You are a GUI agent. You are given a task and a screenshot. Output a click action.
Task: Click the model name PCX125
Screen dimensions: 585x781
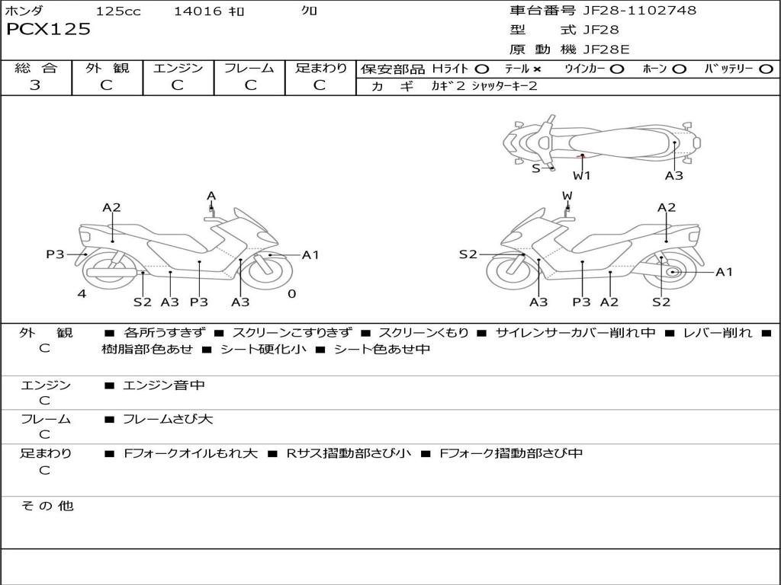click(48, 30)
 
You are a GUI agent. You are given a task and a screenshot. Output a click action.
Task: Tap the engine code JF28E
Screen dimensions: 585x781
click(606, 50)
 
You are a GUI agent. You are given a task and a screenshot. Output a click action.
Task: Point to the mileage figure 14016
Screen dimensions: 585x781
click(198, 11)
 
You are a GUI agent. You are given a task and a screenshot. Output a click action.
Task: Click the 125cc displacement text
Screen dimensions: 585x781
click(118, 11)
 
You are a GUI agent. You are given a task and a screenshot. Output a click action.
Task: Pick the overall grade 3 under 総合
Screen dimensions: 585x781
click(35, 85)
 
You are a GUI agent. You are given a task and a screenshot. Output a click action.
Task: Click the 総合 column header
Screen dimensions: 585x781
click(36, 69)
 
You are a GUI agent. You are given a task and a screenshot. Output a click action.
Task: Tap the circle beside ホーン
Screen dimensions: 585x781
click(680, 69)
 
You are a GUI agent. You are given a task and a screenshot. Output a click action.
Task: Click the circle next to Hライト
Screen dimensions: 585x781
click(482, 69)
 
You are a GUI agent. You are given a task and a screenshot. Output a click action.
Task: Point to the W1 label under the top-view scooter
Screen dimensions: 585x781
click(582, 176)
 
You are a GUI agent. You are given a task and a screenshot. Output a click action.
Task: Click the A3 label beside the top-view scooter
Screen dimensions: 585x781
click(673, 176)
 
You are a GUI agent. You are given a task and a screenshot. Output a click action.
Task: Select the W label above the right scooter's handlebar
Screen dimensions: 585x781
click(567, 196)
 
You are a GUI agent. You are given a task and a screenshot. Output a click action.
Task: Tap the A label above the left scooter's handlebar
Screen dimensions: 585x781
click(211, 196)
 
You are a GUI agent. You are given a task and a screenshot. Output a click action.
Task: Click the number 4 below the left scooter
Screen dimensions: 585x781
click(82, 294)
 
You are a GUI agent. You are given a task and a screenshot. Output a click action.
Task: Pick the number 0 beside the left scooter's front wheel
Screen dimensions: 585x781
click(292, 294)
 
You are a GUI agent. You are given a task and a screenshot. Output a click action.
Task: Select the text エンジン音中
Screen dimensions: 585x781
click(164, 385)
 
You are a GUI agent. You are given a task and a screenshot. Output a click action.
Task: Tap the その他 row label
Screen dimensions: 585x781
click(47, 506)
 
